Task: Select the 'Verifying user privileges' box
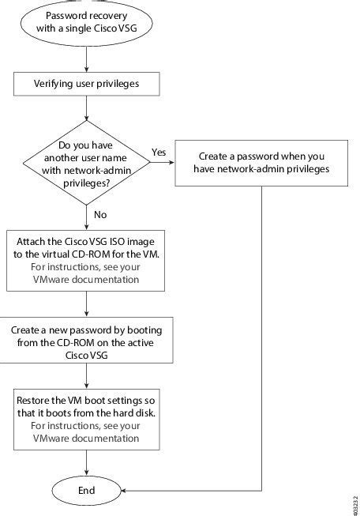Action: [x=87, y=81]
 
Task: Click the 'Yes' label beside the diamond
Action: [x=158, y=152]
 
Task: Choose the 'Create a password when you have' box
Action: [x=261, y=162]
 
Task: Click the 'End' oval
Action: [x=87, y=490]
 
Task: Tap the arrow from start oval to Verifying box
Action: [x=87, y=60]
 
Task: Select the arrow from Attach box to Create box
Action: [x=87, y=303]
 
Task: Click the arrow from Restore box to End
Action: [x=87, y=463]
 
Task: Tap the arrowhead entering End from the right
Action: [x=126, y=490]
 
